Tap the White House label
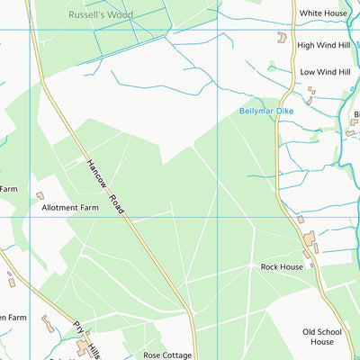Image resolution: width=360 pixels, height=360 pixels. pyautogui.click(x=323, y=13)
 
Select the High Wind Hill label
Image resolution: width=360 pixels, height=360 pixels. pyautogui.click(x=324, y=45)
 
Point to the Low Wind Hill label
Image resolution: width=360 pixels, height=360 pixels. pyautogui.click(x=325, y=71)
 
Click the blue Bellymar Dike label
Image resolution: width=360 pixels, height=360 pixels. pyautogui.click(x=266, y=111)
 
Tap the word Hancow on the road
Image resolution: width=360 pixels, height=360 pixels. pyautogui.click(x=96, y=174)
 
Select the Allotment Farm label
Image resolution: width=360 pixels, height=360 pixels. pyautogui.click(x=70, y=207)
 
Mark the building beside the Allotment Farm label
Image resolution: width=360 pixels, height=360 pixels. pyautogui.click(x=40, y=195)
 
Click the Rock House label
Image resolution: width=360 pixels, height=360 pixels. pyautogui.click(x=282, y=266)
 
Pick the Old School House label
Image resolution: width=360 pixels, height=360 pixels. pyautogui.click(x=321, y=336)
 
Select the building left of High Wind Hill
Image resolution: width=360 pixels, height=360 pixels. pyautogui.click(x=281, y=38)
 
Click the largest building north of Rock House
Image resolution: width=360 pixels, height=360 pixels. pyautogui.click(x=310, y=239)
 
